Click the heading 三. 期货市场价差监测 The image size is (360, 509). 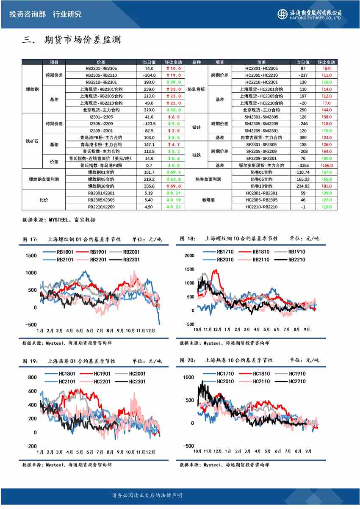point(72,40)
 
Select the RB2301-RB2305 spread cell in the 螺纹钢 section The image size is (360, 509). point(101,68)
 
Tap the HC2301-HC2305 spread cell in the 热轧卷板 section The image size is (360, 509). point(261,68)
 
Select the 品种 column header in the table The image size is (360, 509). point(197,62)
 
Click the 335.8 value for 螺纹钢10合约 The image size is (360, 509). point(149,186)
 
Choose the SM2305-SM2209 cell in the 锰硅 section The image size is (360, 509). point(261,124)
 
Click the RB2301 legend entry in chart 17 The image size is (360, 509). point(132,259)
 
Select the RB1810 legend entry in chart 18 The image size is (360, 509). point(260,252)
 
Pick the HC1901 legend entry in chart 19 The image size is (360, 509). point(102,373)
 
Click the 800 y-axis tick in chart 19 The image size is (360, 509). point(32,377)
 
